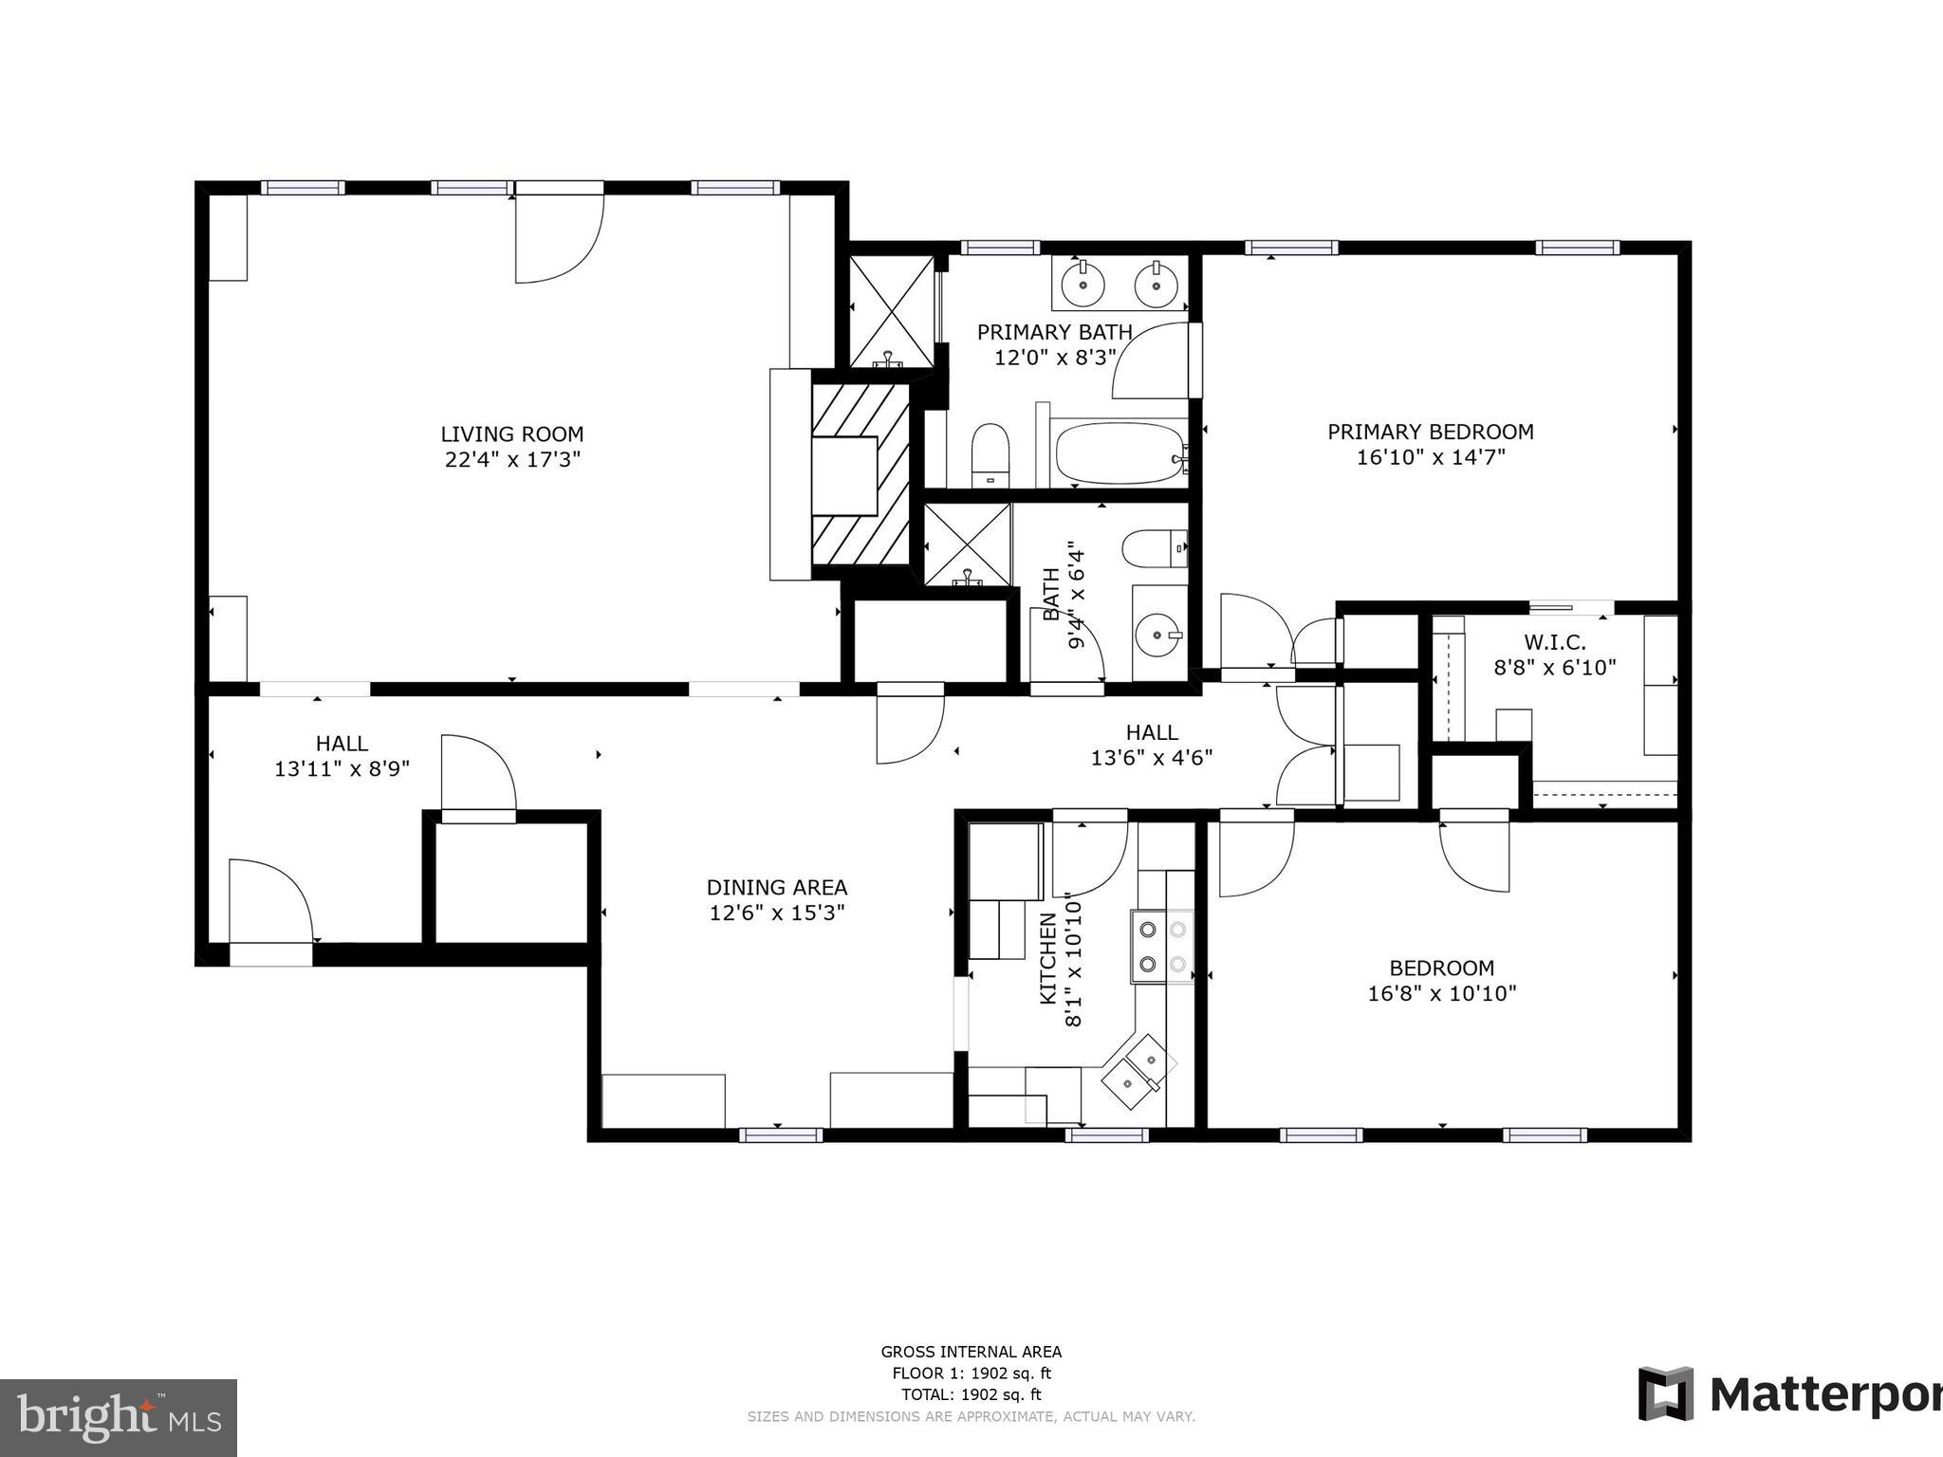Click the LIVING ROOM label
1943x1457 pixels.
coord(511,434)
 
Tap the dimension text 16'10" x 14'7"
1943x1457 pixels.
coord(1431,457)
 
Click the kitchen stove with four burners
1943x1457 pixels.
coord(1162,946)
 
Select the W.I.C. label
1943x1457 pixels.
coord(1554,642)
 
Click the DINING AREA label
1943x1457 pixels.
coord(776,888)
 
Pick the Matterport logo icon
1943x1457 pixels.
coord(1666,1393)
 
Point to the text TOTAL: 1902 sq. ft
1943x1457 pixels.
coord(971,1394)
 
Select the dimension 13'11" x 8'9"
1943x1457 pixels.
coord(342,768)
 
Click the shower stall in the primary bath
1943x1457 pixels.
coord(891,310)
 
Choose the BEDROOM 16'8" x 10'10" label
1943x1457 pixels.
coord(1441,981)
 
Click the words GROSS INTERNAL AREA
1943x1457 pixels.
coord(971,1353)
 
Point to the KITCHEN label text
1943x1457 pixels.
coord(1048,958)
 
